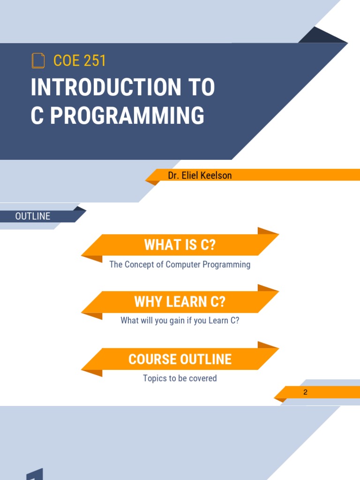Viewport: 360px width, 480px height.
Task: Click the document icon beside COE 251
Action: [x=38, y=60]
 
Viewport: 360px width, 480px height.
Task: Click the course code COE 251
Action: [x=80, y=60]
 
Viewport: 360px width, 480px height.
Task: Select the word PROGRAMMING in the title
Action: [x=127, y=116]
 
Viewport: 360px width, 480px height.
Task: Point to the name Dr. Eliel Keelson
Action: [x=200, y=175]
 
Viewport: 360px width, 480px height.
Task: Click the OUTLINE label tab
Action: [x=33, y=216]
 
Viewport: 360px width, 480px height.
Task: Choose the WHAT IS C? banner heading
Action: [x=180, y=245]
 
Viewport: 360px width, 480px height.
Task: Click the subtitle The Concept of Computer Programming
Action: [x=180, y=264]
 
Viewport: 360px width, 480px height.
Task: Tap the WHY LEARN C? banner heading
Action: [x=180, y=302]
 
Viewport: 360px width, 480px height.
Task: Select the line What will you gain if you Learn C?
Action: [x=180, y=321]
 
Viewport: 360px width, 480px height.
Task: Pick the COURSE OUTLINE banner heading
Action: [x=180, y=359]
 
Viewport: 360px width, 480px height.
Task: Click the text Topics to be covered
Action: [x=180, y=378]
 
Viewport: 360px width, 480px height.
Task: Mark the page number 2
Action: [x=305, y=392]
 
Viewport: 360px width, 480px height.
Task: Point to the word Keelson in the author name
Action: [x=217, y=175]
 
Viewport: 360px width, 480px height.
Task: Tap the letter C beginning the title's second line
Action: [x=37, y=116]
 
